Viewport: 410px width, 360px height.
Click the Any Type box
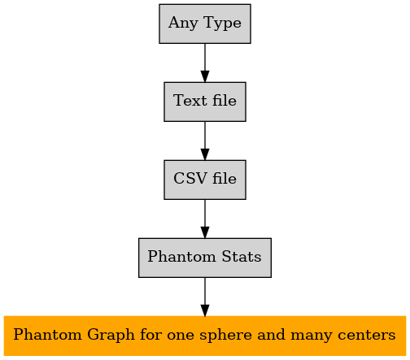[205, 24]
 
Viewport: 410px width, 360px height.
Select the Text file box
[205, 102]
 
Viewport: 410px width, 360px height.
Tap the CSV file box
[205, 180]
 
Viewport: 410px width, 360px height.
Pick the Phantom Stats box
[205, 258]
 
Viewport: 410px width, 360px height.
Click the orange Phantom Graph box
[205, 336]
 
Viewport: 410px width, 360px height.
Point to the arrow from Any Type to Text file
[205, 63]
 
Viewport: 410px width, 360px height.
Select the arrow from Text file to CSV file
[205, 141]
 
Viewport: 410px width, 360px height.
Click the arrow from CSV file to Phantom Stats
[205, 219]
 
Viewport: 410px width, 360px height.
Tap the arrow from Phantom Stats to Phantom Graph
[205, 297]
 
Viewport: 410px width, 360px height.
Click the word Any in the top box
[183, 24]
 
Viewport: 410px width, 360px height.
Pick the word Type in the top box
[222, 24]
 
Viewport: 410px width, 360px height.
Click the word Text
[190, 101]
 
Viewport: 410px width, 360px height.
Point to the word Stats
[242, 256]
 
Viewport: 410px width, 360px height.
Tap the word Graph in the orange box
[111, 336]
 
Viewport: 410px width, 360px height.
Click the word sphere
[225, 336]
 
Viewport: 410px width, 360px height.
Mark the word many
[311, 336]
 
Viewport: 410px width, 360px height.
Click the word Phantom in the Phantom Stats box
[181, 256]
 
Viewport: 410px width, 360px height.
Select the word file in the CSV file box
[225, 178]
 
